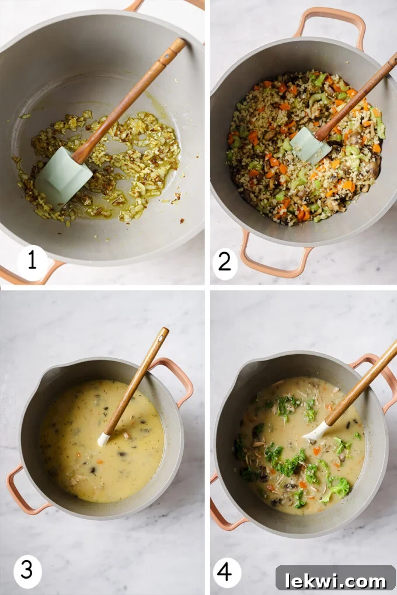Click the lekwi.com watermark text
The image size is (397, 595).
335,580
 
